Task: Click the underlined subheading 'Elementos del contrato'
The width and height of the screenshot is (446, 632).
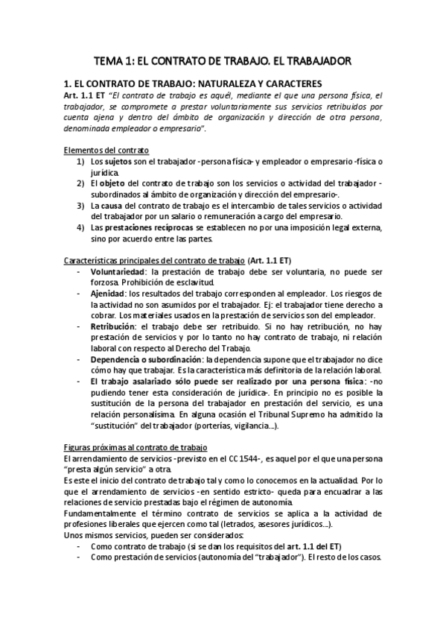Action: tap(107, 150)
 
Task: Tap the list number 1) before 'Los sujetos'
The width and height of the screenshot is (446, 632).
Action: tap(80, 161)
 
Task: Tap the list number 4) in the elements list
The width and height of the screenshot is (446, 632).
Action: tap(80, 227)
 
